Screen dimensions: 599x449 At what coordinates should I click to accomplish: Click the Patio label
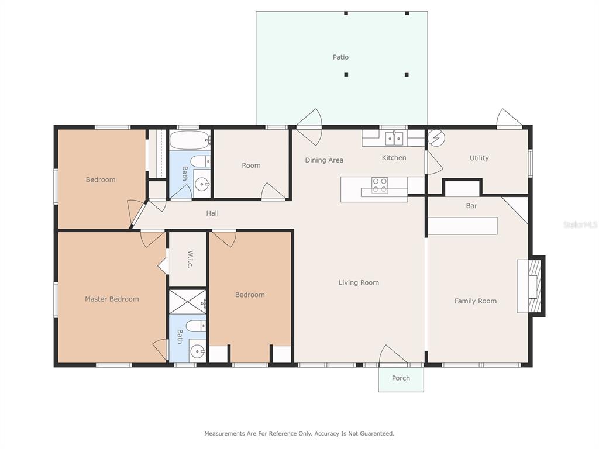click(340, 57)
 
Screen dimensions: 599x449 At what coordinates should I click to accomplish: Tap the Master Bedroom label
click(112, 299)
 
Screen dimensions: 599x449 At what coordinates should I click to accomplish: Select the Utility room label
click(479, 158)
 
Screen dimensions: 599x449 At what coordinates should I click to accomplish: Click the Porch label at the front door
click(401, 378)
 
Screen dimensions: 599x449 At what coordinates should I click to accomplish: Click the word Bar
click(471, 206)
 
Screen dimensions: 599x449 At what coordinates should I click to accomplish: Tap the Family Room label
click(476, 301)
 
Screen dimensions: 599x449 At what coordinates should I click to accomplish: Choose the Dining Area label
click(324, 160)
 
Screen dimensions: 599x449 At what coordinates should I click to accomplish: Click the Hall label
click(212, 213)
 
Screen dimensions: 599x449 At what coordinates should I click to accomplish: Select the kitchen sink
click(394, 138)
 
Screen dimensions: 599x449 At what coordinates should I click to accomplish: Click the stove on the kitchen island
click(380, 185)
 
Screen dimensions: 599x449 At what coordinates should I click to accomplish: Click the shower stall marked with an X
click(187, 302)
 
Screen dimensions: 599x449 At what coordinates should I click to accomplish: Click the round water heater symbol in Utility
click(436, 137)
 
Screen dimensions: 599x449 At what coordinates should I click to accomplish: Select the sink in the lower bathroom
click(198, 351)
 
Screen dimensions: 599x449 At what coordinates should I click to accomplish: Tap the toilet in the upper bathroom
click(201, 161)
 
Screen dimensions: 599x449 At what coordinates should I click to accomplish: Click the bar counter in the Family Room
click(462, 226)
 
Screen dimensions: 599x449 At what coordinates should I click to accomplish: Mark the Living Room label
click(359, 283)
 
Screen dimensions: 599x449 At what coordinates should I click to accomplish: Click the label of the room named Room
click(251, 165)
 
